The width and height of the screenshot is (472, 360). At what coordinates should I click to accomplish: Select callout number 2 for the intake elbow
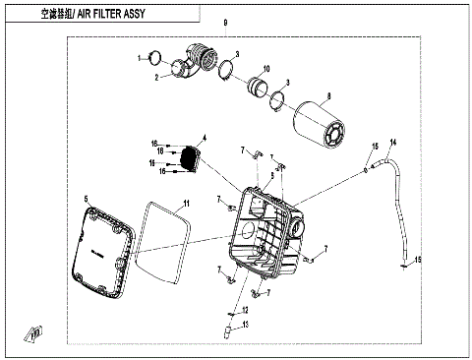[155, 77]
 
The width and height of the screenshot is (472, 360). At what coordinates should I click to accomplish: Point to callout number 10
[265, 69]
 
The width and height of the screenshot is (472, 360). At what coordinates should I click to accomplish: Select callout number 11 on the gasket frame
[184, 202]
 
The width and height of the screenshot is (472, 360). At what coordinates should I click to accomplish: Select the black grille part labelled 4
[188, 157]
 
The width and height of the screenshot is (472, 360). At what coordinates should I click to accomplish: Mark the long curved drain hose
[398, 207]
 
